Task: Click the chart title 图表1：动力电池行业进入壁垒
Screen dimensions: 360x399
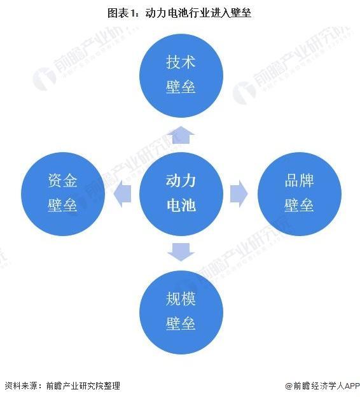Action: [x=179, y=13]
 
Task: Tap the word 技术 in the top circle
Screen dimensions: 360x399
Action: [x=181, y=62]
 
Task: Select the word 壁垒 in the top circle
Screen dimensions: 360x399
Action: [x=181, y=87]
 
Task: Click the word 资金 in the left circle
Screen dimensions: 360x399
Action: [x=62, y=181]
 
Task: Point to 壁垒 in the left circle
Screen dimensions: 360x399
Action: [x=62, y=205]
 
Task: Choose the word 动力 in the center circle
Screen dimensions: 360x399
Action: [x=181, y=181]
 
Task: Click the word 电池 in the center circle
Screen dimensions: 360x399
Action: [x=181, y=205]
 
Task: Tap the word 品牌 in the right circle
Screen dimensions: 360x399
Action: [x=299, y=181]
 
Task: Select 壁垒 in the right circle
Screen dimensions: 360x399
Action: [x=299, y=205]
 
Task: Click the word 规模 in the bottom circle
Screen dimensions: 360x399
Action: [x=181, y=298]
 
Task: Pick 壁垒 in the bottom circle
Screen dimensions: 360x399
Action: [x=181, y=323]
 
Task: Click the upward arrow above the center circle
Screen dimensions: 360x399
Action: [x=181, y=135]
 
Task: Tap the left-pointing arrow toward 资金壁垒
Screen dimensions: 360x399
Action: [x=122, y=194]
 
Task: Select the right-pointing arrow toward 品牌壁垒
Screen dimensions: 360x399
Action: [x=239, y=194]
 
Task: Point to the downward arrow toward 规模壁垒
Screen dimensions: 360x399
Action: [x=181, y=252]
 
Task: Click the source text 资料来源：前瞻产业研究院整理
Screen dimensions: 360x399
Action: [x=62, y=386]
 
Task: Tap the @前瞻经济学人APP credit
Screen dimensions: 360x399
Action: [x=322, y=386]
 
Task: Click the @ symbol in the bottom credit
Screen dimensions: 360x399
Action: [x=289, y=386]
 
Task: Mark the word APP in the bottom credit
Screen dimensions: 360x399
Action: [x=351, y=386]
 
